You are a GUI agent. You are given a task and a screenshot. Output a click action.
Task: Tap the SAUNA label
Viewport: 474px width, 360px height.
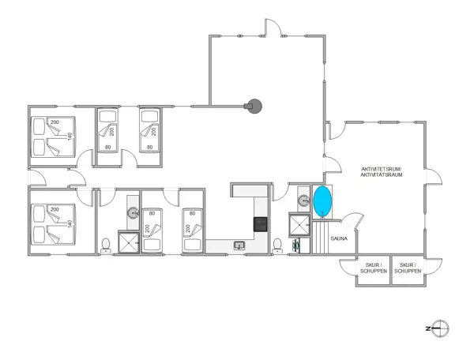(340, 236)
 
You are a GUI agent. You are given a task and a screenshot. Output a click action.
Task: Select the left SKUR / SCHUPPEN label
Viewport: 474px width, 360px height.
(374, 268)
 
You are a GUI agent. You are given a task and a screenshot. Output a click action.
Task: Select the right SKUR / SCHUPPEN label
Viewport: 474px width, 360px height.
(410, 268)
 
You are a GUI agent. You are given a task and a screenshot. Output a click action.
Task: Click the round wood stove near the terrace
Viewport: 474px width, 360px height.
(254, 105)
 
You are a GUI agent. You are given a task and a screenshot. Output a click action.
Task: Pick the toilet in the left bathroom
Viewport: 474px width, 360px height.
(105, 243)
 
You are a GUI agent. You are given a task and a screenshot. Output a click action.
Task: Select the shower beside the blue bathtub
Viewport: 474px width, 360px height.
(299, 226)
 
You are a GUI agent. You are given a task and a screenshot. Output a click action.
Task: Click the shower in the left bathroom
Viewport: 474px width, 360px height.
(127, 242)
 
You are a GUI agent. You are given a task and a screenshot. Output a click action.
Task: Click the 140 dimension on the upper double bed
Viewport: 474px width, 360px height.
(70, 137)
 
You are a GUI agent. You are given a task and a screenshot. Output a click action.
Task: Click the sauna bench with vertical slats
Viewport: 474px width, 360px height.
(321, 238)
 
